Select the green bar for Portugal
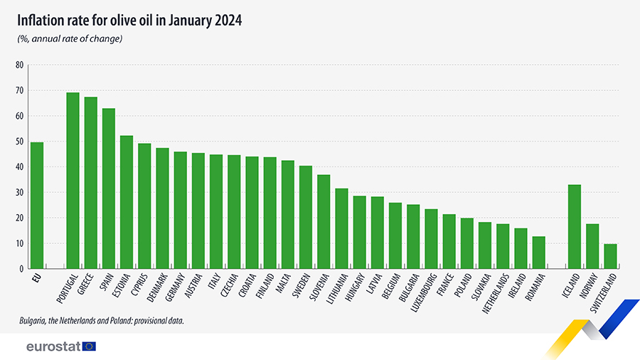click(x=73, y=181)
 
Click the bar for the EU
click(x=37, y=206)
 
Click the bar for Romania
click(x=538, y=253)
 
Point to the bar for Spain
click(x=109, y=189)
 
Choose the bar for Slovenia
click(x=324, y=221)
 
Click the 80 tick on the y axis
click(x=19, y=65)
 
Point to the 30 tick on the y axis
click(x=19, y=193)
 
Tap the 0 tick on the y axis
click(x=21, y=269)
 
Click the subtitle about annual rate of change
click(x=70, y=38)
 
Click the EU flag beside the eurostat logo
click(x=89, y=346)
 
